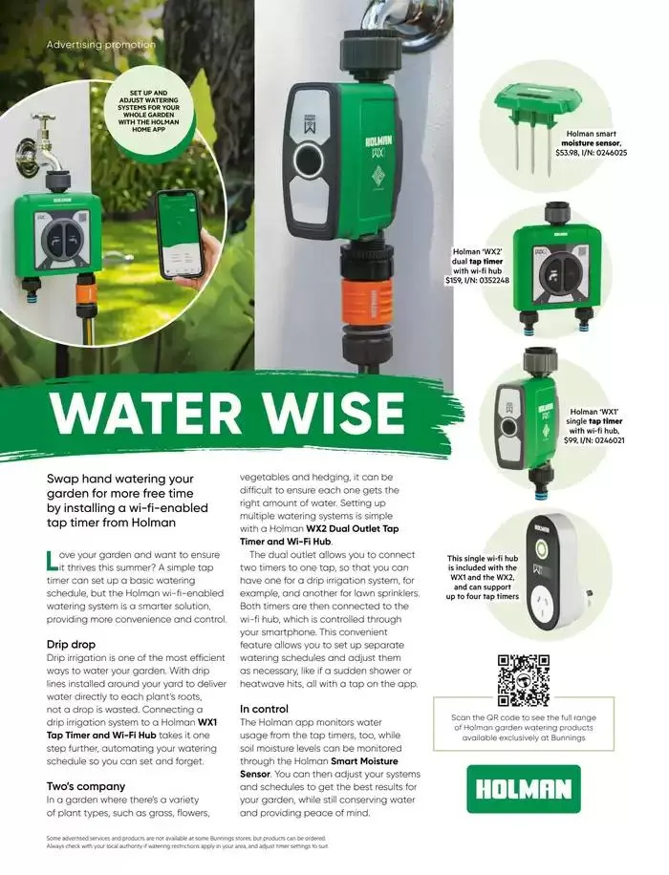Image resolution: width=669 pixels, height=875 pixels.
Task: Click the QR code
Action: click(x=524, y=679)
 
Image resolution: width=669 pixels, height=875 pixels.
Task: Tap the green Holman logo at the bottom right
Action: click(x=523, y=788)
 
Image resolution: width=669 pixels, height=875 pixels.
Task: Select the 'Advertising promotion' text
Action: click(x=100, y=44)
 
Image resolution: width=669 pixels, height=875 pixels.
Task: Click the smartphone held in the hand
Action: click(x=179, y=234)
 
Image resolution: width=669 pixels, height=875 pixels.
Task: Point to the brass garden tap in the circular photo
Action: click(x=46, y=134)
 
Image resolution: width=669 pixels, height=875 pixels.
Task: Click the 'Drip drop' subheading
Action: click(x=72, y=644)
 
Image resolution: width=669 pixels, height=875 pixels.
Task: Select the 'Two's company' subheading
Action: click(x=86, y=786)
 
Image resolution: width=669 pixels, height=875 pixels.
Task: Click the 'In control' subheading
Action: click(x=264, y=709)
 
